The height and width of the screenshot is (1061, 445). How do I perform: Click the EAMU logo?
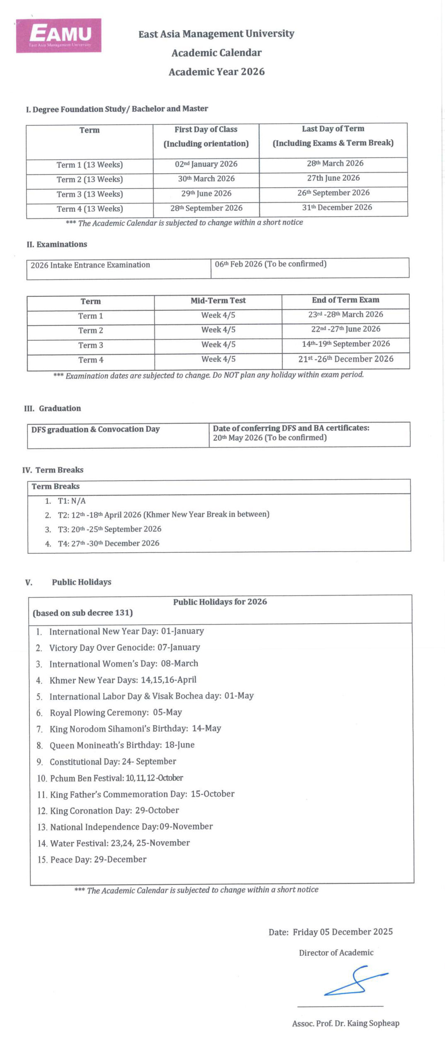(59, 36)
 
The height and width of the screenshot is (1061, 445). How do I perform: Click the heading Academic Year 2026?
(216, 72)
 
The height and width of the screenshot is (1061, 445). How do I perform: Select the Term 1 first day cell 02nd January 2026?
(206, 164)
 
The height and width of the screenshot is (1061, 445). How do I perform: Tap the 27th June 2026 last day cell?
(333, 178)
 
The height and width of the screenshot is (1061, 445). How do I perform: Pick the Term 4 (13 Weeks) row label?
(89, 209)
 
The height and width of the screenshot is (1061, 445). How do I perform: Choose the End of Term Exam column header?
(345, 300)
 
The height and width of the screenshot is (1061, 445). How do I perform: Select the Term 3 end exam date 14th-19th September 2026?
(346, 344)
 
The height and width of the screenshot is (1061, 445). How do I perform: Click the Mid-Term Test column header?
(218, 300)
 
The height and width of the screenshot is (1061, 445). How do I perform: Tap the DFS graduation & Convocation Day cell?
(95, 429)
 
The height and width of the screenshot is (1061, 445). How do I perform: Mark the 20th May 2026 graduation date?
(269, 438)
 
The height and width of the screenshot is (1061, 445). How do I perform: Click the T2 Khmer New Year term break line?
(163, 515)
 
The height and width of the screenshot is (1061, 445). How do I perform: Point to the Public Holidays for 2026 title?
(220, 602)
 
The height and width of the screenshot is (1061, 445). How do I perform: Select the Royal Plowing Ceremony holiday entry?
(116, 712)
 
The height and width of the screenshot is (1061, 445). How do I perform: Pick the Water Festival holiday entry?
(120, 843)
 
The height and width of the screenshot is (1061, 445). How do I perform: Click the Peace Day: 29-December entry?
(98, 860)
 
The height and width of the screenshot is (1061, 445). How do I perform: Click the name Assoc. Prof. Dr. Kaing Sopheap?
(346, 1023)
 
